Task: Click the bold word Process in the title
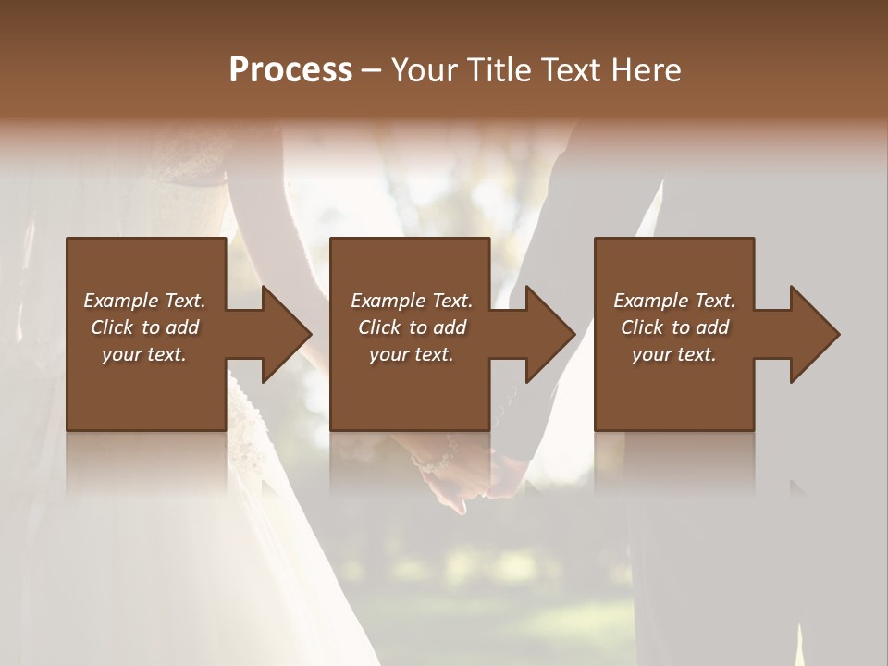[x=290, y=70]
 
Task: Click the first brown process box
[x=146, y=388]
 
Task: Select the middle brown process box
[x=410, y=388]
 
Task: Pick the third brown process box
[x=673, y=388]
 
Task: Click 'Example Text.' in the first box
[x=144, y=301]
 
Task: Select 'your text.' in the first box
[x=144, y=354]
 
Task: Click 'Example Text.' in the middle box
[x=412, y=301]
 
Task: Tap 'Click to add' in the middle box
[x=412, y=327]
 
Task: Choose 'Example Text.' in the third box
[x=674, y=301]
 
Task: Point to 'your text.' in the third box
[x=674, y=354]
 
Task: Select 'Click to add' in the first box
[x=144, y=327]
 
